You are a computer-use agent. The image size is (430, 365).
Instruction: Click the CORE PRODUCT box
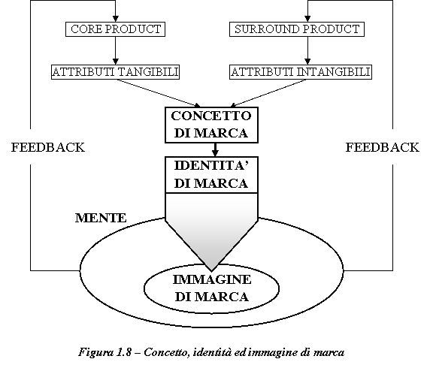tap(115, 29)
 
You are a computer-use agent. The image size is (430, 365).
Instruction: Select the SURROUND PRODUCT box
tap(297, 29)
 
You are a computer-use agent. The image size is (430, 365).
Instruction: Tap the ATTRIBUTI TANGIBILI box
tap(116, 72)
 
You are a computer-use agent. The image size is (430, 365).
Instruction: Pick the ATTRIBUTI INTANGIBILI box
tap(301, 72)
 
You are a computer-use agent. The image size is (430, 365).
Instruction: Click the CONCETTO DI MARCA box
tap(211, 125)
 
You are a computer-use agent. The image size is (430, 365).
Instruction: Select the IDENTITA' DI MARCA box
tap(211, 175)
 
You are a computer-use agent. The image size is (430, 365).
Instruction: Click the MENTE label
tap(101, 218)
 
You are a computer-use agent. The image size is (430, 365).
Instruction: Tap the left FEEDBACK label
tap(48, 147)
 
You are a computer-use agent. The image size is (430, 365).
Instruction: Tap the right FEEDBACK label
tap(383, 147)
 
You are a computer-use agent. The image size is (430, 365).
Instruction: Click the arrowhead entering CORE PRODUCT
tap(116, 19)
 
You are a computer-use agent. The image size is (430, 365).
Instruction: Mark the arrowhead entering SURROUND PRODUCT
tap(307, 19)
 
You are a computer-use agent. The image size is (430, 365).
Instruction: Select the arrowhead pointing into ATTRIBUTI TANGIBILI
tap(116, 62)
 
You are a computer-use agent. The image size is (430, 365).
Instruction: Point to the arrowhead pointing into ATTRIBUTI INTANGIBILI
tap(307, 62)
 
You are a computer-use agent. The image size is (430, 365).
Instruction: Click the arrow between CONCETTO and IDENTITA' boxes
tap(215, 149)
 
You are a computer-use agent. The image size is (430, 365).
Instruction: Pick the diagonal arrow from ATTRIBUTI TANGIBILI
tap(159, 93)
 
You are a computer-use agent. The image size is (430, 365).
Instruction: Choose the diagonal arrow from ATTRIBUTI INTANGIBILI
tap(268, 93)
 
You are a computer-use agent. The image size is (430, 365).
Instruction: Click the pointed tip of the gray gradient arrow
tap(211, 270)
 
